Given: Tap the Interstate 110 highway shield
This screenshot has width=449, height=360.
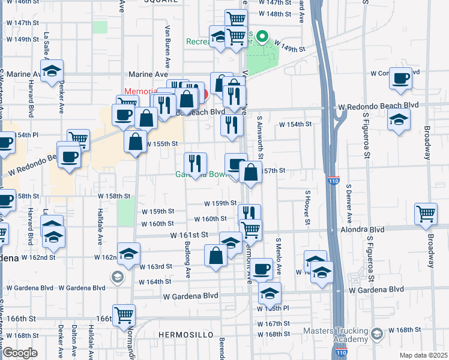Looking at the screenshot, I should click(x=334, y=181).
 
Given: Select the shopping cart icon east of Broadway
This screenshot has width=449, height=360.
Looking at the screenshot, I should click(x=425, y=214).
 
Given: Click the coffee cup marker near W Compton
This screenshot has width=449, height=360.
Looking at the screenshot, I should click(x=400, y=78).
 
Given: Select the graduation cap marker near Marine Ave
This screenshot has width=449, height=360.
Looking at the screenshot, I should click(x=53, y=71).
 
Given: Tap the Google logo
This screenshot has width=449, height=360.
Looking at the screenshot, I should click(x=20, y=352).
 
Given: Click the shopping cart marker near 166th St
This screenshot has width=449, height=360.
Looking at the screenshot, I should click(x=124, y=314).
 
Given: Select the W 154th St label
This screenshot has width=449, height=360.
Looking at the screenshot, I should click(x=295, y=124).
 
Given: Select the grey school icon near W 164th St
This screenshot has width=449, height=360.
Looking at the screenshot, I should click(x=117, y=277).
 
